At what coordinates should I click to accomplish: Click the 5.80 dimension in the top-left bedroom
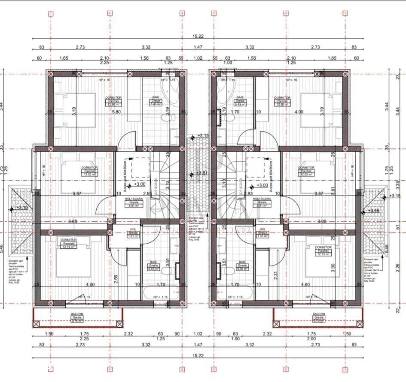(116, 112)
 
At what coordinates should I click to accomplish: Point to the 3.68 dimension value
(73, 222)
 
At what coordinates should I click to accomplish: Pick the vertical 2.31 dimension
(275, 271)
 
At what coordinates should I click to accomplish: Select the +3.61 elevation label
(201, 173)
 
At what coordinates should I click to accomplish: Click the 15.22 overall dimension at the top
(198, 36)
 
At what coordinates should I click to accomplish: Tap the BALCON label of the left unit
(77, 315)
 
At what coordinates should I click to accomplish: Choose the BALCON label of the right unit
(318, 315)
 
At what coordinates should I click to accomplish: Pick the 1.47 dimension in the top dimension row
(198, 47)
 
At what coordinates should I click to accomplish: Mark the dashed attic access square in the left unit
(140, 168)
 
